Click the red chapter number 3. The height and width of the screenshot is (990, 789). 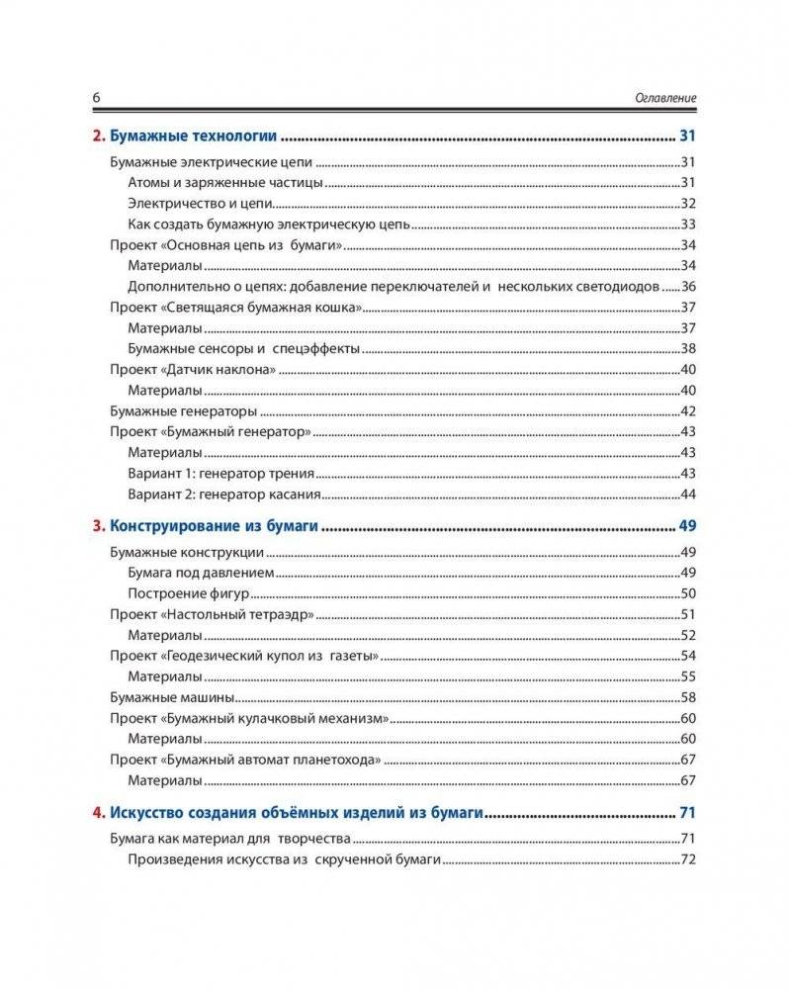click(x=97, y=526)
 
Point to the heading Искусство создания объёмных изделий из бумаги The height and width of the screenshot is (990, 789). click(x=297, y=813)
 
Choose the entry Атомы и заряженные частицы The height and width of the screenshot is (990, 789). click(x=226, y=183)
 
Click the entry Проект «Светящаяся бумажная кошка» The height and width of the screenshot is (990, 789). click(x=234, y=308)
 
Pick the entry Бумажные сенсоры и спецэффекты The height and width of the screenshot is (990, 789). click(x=243, y=349)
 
